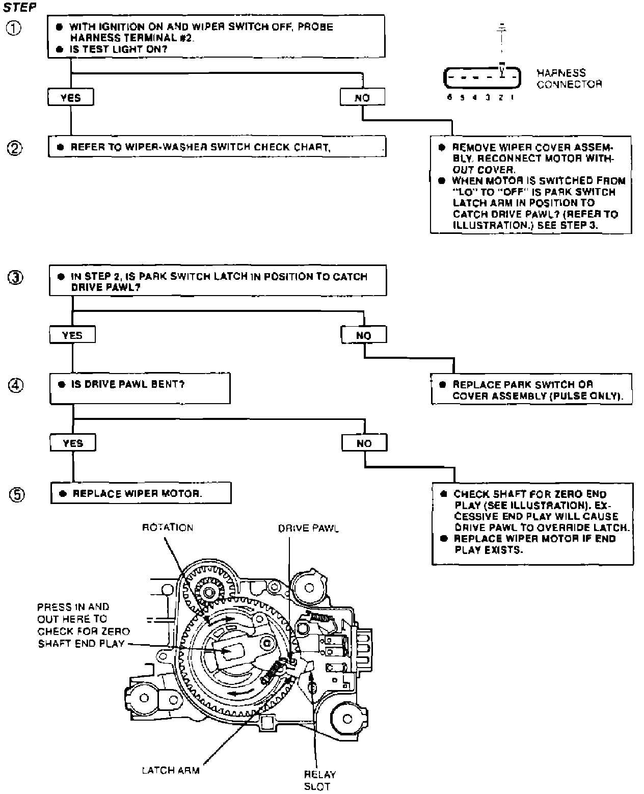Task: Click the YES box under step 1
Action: coord(70,97)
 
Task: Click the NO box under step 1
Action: coord(362,97)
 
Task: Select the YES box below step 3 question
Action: coord(72,335)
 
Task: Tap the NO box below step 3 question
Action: coord(364,335)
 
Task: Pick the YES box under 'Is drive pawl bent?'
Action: coord(73,443)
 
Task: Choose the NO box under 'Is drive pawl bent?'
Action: coord(364,443)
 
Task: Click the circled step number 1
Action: coord(14,29)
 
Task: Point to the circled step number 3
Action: coord(15,278)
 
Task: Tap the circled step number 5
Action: coord(16,494)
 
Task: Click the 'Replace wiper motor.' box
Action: coord(141,493)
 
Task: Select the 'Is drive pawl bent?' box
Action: coord(140,388)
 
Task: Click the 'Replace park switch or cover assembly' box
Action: coord(531,390)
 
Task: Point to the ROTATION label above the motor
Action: coord(168,527)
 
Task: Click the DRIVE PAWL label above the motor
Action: coord(308,528)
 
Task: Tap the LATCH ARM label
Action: coord(171,771)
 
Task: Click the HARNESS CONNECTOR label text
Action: coord(569,79)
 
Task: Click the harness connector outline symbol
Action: coord(482,78)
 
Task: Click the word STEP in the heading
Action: coord(20,8)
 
